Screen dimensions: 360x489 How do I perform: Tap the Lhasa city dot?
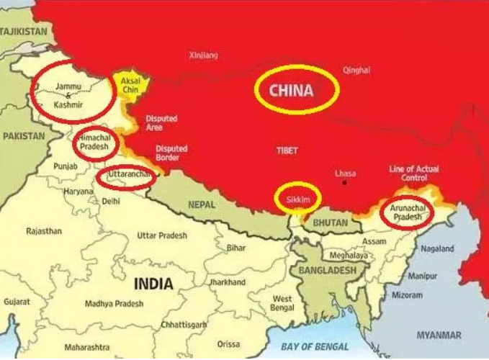click(x=345, y=183)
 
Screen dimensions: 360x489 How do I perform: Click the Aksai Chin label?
click(x=130, y=85)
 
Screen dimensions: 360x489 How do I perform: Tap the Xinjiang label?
click(x=202, y=55)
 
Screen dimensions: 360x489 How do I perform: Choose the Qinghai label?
click(x=356, y=71)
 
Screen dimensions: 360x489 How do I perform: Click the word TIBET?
click(x=287, y=151)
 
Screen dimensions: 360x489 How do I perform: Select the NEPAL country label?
click(x=202, y=205)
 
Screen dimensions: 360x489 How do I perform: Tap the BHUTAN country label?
click(x=331, y=223)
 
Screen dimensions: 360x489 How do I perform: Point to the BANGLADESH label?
click(x=330, y=270)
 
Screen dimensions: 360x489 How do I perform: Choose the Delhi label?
click(x=111, y=202)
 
